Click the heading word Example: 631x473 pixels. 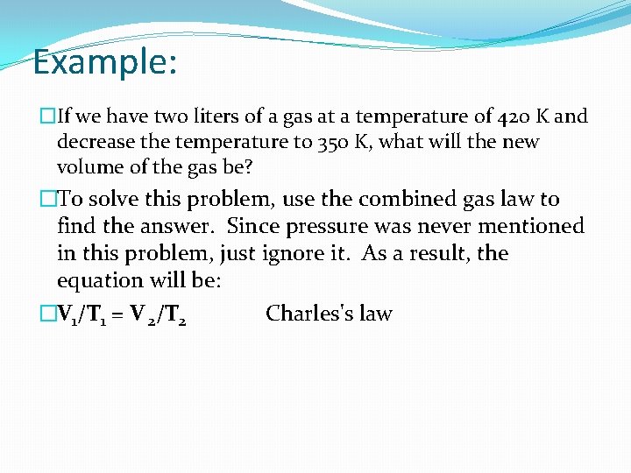pyautogui.click(x=104, y=63)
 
